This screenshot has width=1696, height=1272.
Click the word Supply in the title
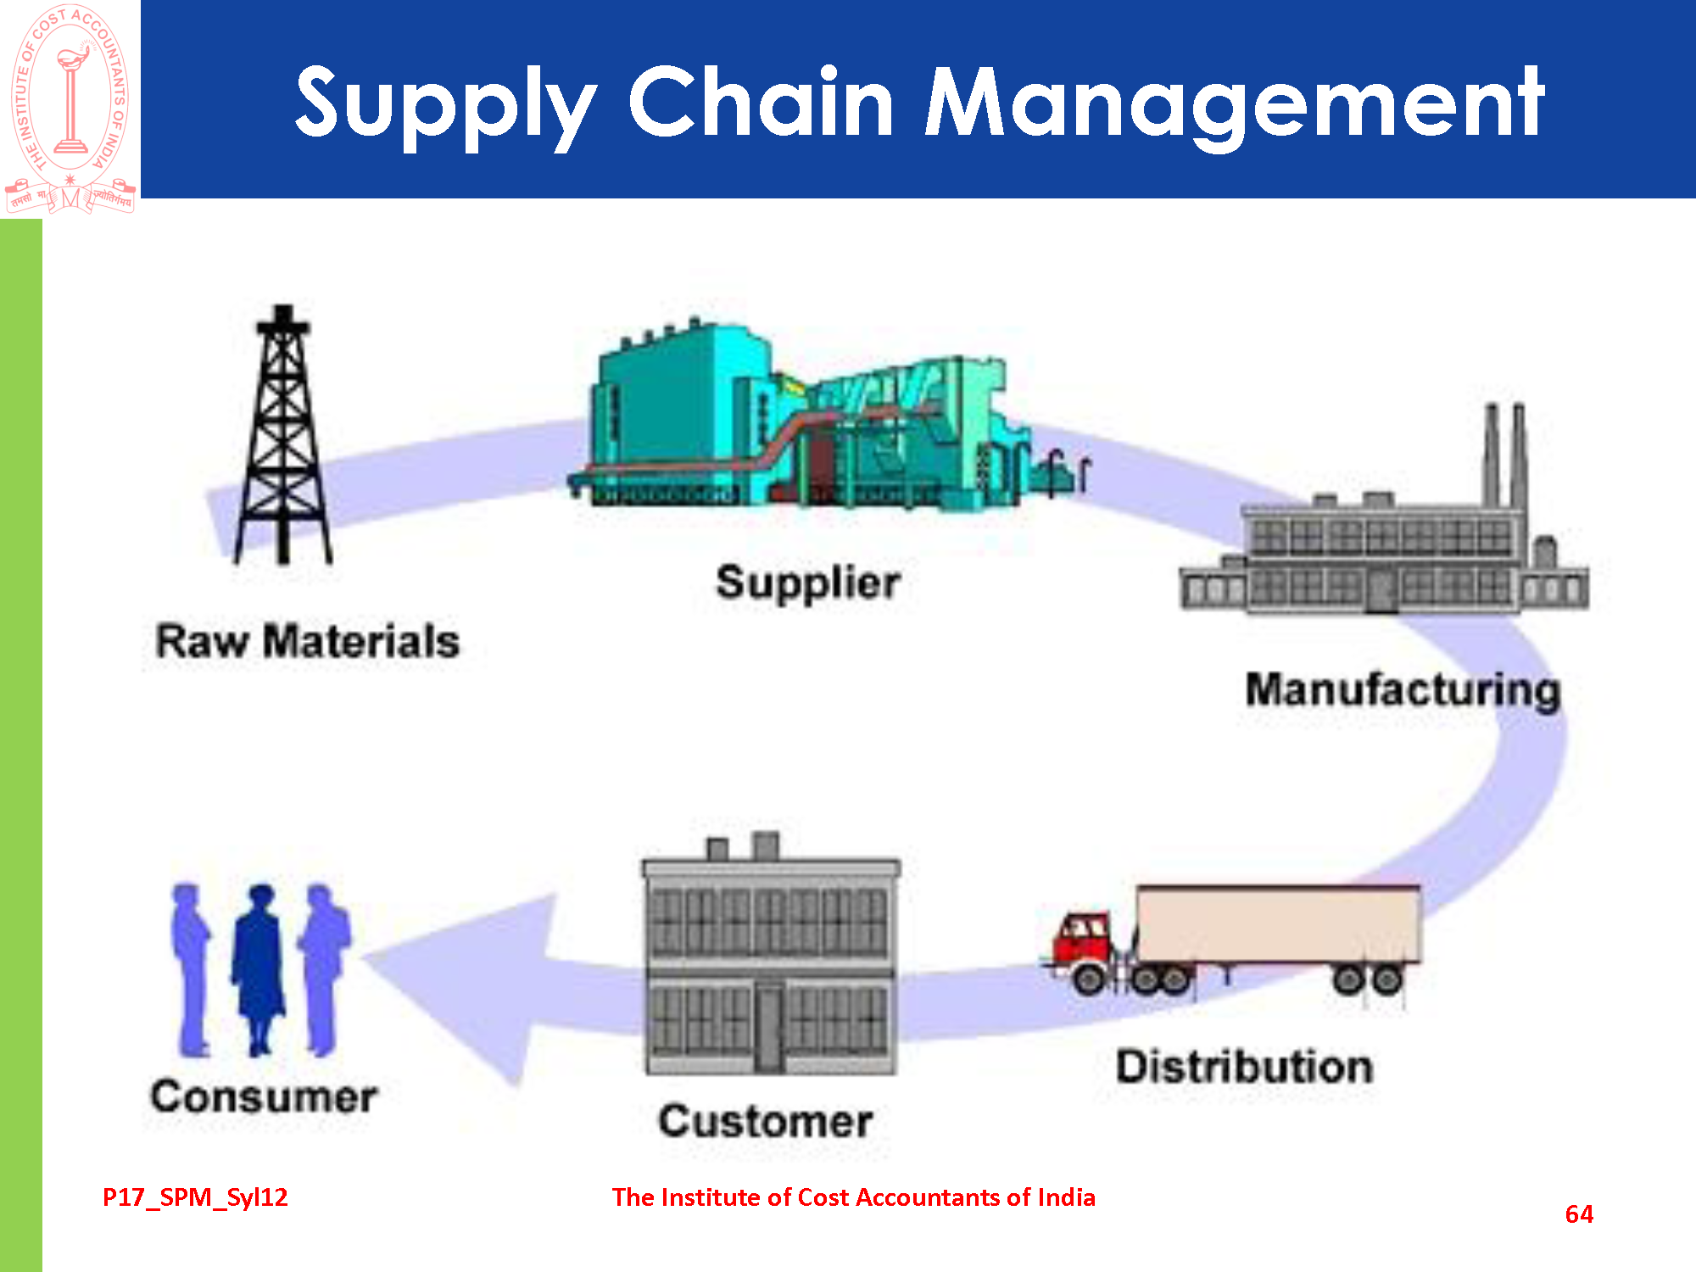[x=445, y=103]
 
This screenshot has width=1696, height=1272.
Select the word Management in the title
[x=1234, y=103]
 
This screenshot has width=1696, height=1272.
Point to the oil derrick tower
[x=283, y=437]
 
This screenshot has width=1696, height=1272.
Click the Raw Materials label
[x=307, y=641]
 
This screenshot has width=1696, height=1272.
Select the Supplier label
[x=807, y=583]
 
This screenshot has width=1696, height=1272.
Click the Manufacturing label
[x=1403, y=689]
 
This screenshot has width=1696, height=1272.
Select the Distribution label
[x=1244, y=1067]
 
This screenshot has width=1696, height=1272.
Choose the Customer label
[x=766, y=1121]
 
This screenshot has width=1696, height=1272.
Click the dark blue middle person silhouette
[x=259, y=967]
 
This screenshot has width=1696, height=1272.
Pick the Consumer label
[x=264, y=1097]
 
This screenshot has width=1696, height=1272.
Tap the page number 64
[x=1579, y=1214]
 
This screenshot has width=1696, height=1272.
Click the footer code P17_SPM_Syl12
[x=195, y=1197]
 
